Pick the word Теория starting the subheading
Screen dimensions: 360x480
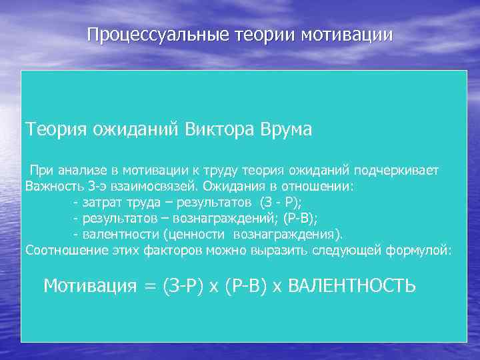tap(53, 129)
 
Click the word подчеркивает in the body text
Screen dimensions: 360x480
tap(399, 170)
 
